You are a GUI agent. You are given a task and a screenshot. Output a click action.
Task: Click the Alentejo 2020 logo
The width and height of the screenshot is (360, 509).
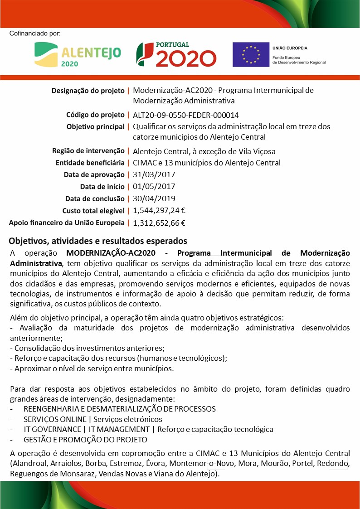(x=78, y=55)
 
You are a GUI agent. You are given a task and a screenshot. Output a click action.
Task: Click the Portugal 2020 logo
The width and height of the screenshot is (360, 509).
(x=176, y=54)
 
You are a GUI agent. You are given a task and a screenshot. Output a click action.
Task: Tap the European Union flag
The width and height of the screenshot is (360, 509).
(x=250, y=55)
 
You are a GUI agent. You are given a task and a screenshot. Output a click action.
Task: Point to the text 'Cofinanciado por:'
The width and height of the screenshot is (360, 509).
(x=34, y=34)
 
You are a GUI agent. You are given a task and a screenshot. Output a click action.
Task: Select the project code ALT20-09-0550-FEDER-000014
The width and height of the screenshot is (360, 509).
(x=186, y=115)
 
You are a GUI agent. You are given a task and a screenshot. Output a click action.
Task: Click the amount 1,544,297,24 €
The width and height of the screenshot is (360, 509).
(x=159, y=210)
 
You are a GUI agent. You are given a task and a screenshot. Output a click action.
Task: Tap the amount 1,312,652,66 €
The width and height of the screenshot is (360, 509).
(x=159, y=223)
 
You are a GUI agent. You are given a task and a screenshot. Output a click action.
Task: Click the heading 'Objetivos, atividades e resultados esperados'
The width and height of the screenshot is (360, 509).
(x=98, y=240)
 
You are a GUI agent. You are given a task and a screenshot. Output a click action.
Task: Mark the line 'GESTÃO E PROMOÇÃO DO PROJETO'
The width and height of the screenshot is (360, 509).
(x=85, y=439)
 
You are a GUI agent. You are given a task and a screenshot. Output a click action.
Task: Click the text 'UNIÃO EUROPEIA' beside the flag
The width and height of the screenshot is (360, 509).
(x=290, y=48)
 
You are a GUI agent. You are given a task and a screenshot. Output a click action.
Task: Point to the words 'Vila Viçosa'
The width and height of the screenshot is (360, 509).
(x=257, y=151)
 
